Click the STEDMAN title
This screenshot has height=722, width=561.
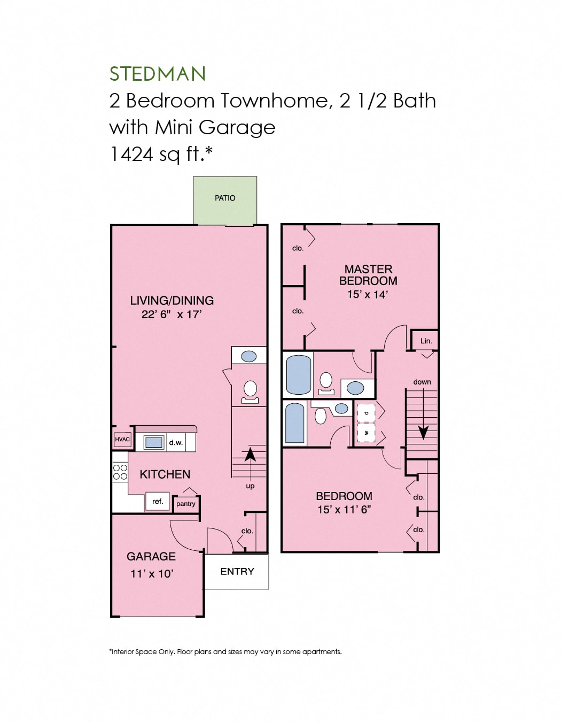[x=158, y=74]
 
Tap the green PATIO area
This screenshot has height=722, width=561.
[x=225, y=200]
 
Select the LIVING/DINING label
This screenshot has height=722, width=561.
[x=172, y=301]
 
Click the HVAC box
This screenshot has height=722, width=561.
[x=122, y=439]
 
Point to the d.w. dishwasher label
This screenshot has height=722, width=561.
[x=176, y=442]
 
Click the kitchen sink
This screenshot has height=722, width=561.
[x=154, y=442]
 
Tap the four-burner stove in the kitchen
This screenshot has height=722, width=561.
[x=120, y=472]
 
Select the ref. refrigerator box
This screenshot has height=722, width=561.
[x=158, y=501]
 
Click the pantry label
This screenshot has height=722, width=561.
[x=186, y=504]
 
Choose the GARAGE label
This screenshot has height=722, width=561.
[x=151, y=556]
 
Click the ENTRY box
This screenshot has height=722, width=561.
[x=237, y=571]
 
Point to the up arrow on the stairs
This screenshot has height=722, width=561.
[x=250, y=455]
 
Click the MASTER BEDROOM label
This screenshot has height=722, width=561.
[x=368, y=275]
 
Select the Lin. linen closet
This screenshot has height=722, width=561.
[x=425, y=341]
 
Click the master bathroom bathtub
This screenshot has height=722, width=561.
[x=299, y=374]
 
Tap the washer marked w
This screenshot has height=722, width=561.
[x=366, y=433]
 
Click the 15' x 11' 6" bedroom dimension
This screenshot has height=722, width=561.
[x=344, y=510]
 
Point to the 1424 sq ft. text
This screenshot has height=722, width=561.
[x=161, y=154]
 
